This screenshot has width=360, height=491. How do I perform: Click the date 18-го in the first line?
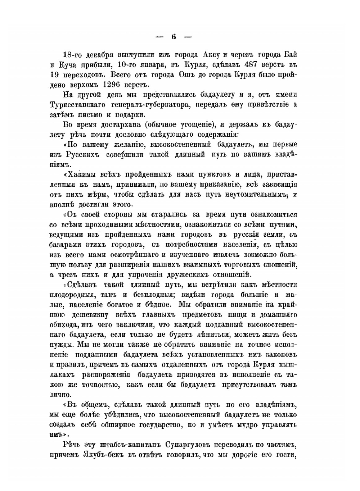pyautogui.click(x=72, y=55)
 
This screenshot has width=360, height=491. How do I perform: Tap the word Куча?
pyautogui.click(x=69, y=65)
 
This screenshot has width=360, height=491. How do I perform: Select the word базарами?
pyautogui.click(x=66, y=245)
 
